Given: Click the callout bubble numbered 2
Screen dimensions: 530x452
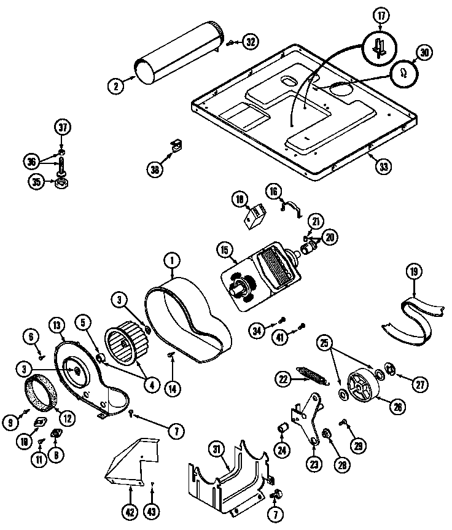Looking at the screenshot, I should point(115,86).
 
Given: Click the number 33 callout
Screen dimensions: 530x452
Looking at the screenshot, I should point(383,166).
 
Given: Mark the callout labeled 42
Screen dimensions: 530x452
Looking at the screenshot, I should point(130,509).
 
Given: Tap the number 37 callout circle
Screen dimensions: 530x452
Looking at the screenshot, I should point(63,128).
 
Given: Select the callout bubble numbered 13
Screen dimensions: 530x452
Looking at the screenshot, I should point(57,325).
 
